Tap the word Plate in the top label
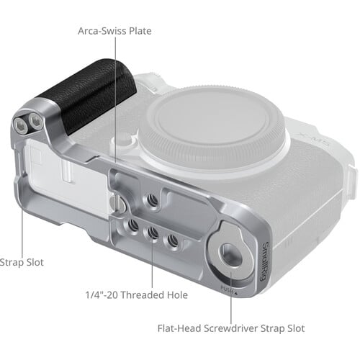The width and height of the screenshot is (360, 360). [139, 31]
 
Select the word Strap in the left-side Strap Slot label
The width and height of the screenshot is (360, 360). [12, 263]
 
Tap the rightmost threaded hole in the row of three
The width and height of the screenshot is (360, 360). [172, 240]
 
